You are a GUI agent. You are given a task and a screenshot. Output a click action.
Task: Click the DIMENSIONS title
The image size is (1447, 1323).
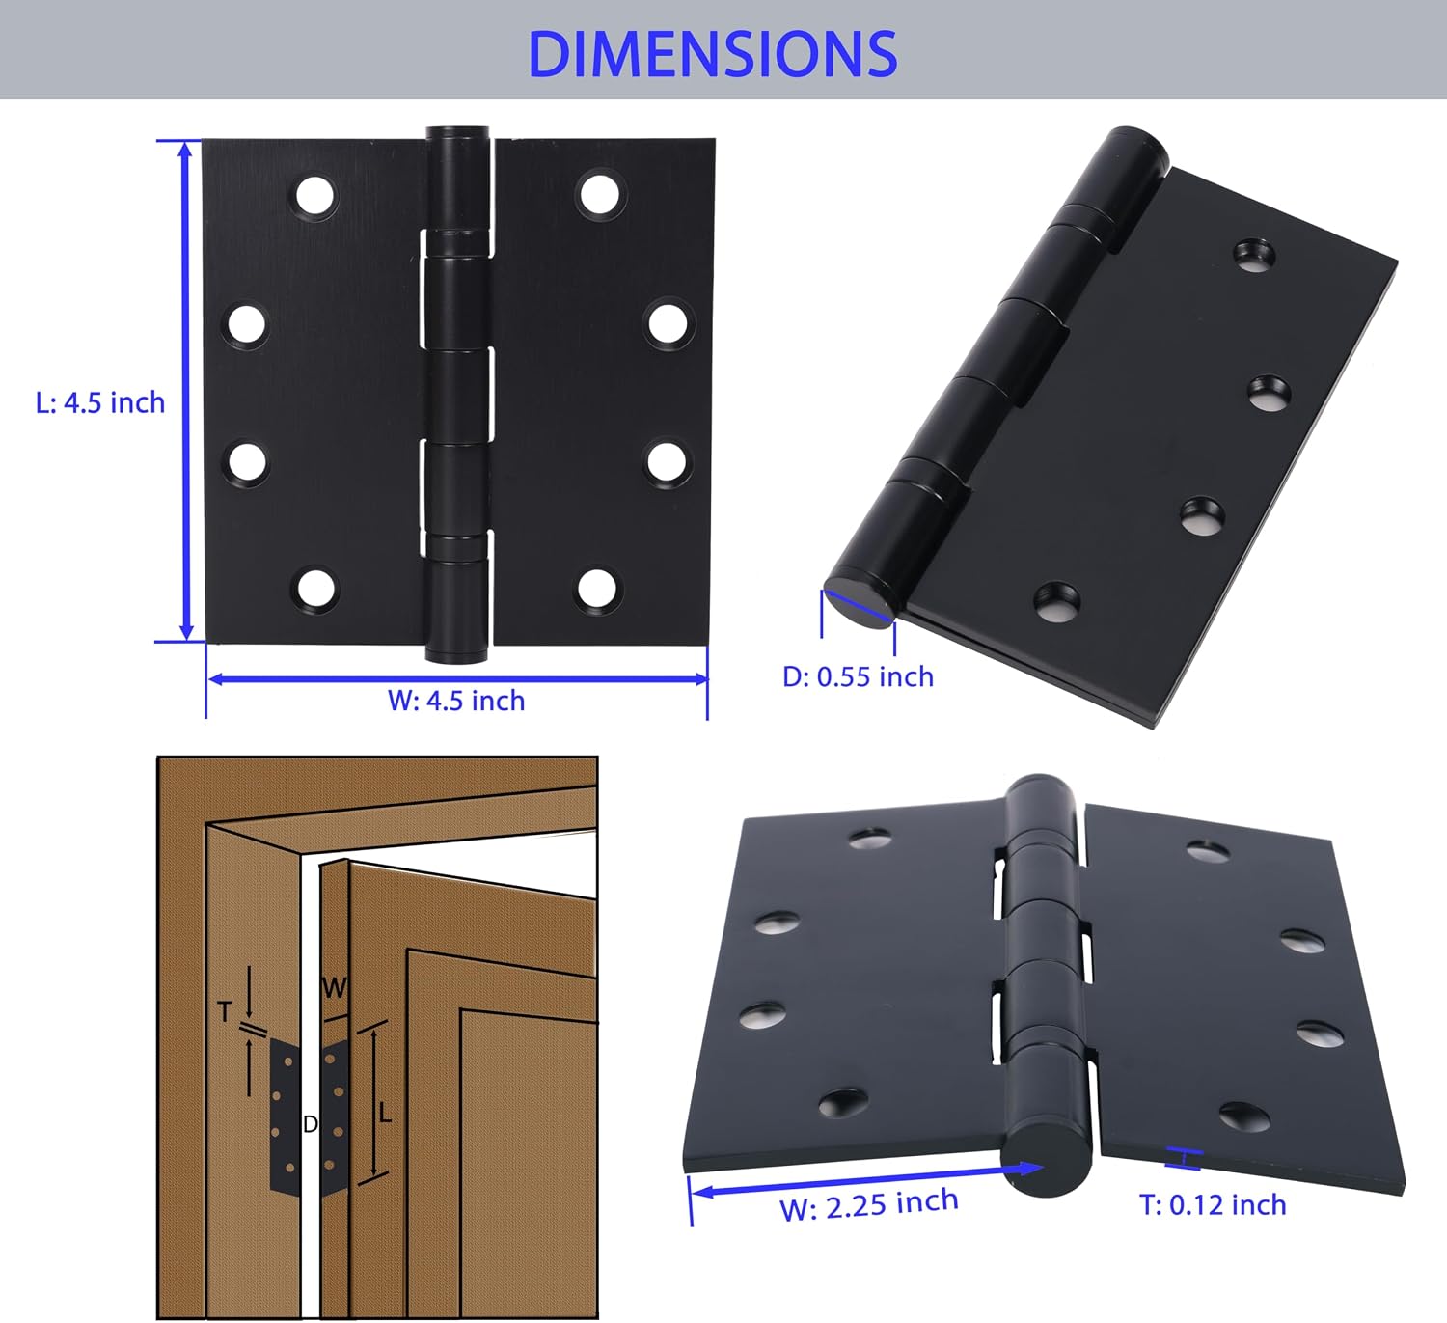[x=713, y=54]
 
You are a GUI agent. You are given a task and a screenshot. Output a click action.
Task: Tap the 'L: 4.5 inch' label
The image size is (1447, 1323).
[x=100, y=402]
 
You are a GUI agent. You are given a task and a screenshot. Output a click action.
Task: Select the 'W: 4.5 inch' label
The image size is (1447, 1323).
[x=456, y=701]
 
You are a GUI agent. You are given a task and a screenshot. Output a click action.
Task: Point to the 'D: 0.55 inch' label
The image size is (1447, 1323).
[x=859, y=677]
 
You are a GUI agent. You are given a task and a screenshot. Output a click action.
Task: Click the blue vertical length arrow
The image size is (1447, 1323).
[x=186, y=391]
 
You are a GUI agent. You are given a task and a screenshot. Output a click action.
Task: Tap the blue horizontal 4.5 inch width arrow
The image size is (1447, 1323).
[x=457, y=679]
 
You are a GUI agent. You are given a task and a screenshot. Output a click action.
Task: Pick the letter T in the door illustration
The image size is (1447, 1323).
[x=225, y=1012]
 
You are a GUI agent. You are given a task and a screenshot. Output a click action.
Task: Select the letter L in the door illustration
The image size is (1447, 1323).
[x=385, y=1113]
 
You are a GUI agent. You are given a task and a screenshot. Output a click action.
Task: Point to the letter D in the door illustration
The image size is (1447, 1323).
[x=311, y=1124]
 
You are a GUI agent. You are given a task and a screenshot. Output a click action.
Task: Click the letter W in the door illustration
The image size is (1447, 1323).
[x=334, y=987]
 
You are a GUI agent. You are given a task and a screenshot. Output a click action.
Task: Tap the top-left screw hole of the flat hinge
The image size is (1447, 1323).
[x=315, y=195]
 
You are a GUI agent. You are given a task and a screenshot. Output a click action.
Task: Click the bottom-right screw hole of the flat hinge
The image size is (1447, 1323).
[x=598, y=589]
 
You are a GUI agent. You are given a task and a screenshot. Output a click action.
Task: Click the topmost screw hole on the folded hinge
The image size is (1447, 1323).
[x=1254, y=256]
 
